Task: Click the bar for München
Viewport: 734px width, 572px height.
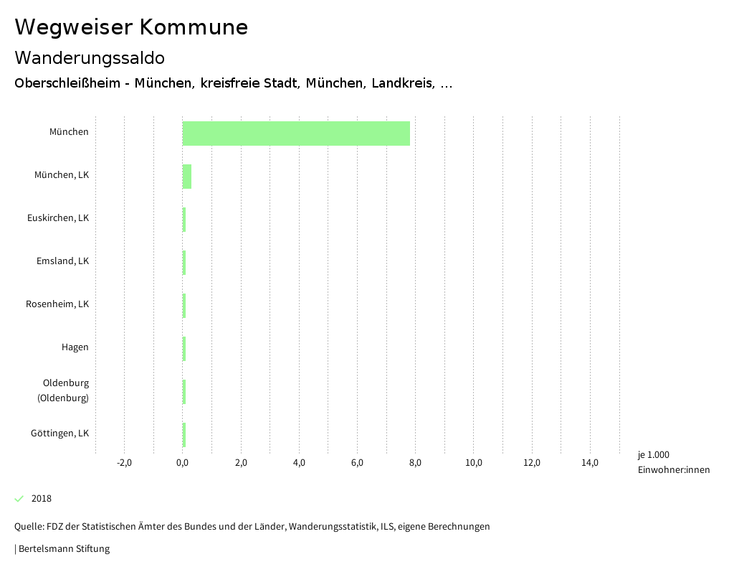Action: (x=296, y=133)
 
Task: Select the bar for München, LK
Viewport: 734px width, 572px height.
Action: (x=187, y=177)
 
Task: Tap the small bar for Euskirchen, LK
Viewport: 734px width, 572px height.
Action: (x=184, y=220)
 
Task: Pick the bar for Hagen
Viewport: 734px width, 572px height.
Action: (x=184, y=349)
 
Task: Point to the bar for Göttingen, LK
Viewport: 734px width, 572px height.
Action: (x=184, y=435)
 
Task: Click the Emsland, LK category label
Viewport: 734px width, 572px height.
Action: (x=62, y=261)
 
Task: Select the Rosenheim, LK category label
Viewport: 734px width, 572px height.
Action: (x=57, y=304)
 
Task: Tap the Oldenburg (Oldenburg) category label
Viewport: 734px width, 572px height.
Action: (x=65, y=390)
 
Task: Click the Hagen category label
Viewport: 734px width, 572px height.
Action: (x=75, y=347)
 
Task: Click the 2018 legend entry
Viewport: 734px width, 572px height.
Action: (x=41, y=499)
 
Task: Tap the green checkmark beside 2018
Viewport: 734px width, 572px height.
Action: (x=19, y=499)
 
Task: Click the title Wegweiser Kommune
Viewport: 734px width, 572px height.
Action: (x=131, y=27)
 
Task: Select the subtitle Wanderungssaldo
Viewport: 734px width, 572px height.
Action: (x=90, y=57)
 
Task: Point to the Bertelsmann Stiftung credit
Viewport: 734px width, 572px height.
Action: (x=63, y=549)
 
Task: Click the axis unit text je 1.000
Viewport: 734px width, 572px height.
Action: (x=653, y=455)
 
